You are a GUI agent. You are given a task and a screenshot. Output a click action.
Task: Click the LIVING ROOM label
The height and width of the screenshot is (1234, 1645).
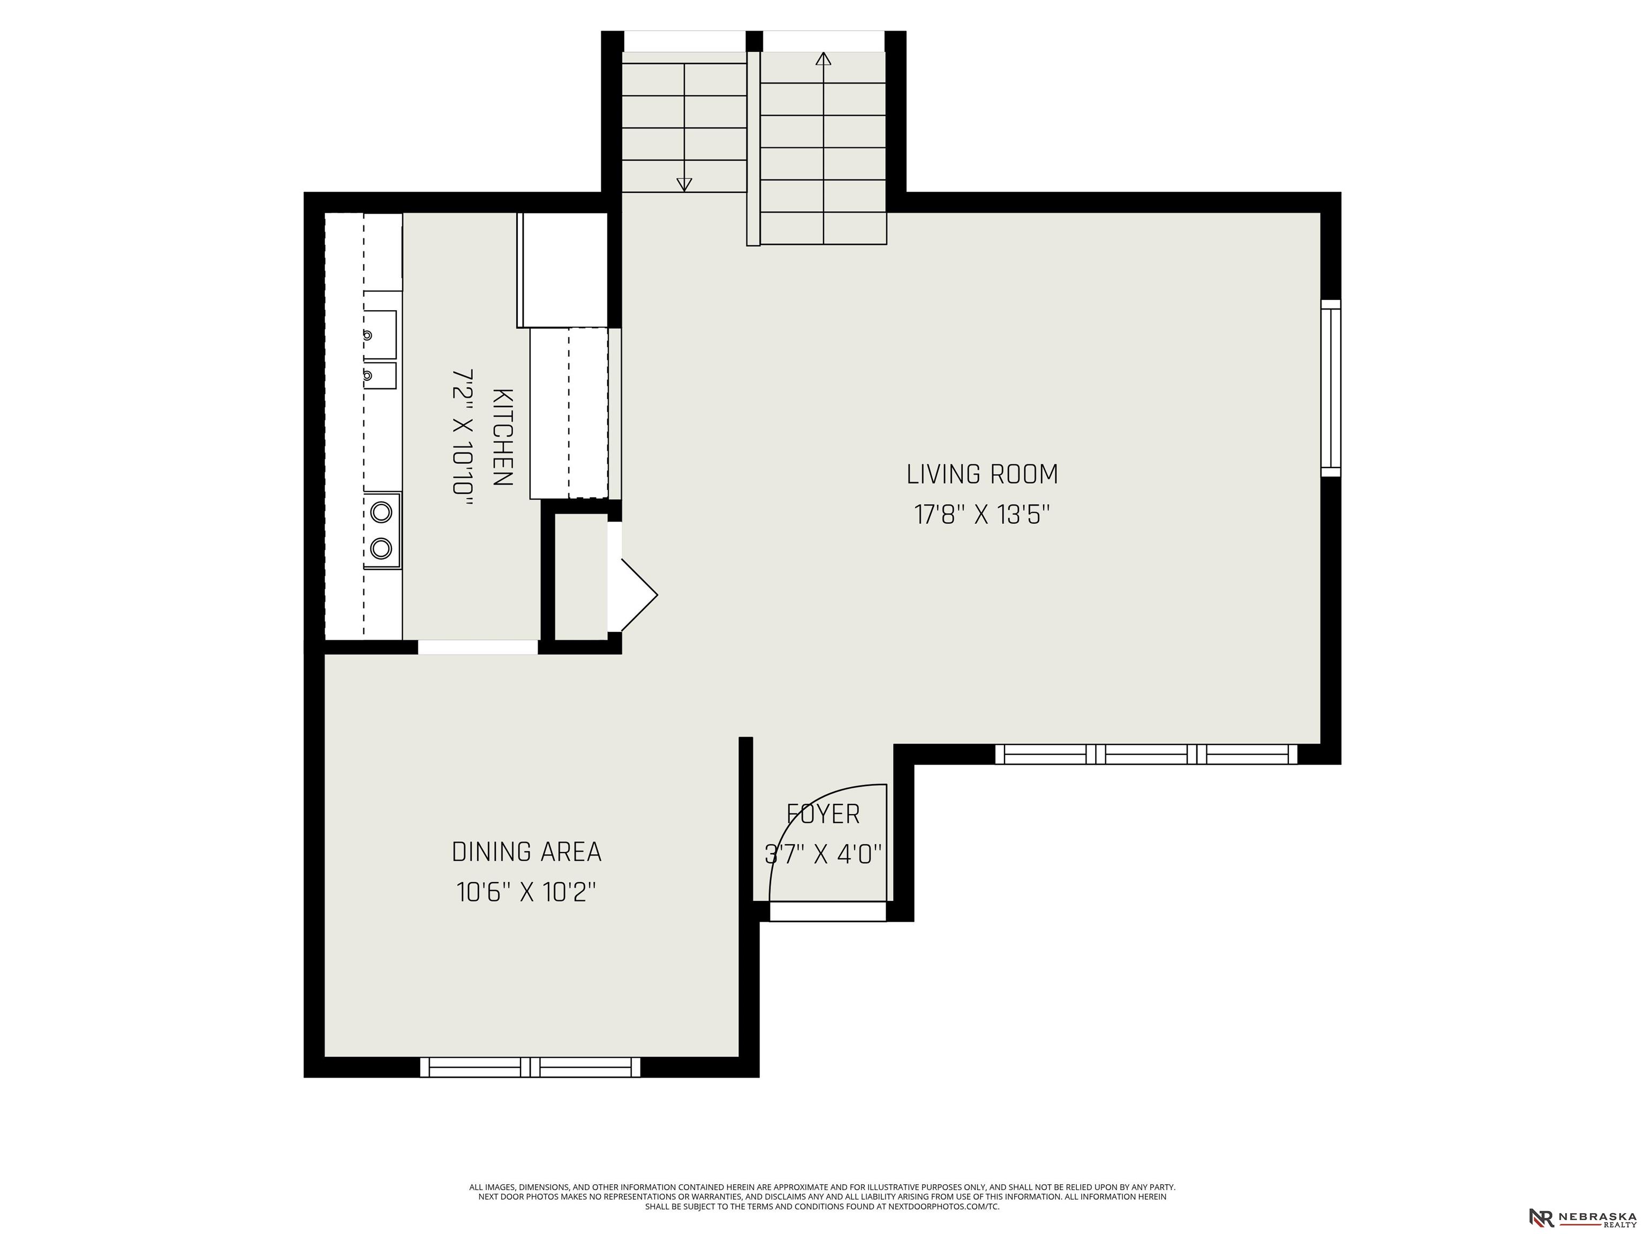click(x=982, y=475)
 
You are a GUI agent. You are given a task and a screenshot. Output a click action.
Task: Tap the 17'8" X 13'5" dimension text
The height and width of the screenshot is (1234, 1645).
click(x=982, y=515)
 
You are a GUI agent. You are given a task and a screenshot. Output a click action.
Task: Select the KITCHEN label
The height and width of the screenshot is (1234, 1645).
click(x=503, y=438)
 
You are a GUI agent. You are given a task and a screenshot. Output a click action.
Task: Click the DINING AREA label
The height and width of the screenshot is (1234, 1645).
click(x=526, y=852)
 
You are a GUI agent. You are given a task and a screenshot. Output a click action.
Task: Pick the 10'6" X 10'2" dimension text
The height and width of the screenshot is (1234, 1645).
click(x=526, y=892)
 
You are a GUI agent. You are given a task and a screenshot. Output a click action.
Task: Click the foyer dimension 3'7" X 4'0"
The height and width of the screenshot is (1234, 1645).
click(x=823, y=854)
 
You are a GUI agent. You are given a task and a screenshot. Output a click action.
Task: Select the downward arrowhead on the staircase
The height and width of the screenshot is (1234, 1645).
click(x=684, y=184)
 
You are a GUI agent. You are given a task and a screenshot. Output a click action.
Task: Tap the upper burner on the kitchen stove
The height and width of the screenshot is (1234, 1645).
click(x=381, y=511)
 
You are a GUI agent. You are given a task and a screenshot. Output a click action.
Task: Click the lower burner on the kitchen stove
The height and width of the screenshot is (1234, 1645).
click(x=381, y=549)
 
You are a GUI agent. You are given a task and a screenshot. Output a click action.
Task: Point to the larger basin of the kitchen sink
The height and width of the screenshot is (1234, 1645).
click(x=380, y=335)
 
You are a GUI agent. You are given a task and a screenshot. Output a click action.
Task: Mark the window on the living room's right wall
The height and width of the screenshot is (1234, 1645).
click(x=1331, y=388)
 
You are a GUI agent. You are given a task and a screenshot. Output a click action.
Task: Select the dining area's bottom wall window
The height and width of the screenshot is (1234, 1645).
click(x=530, y=1067)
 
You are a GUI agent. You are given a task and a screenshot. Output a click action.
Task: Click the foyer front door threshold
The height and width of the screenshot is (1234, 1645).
click(x=828, y=911)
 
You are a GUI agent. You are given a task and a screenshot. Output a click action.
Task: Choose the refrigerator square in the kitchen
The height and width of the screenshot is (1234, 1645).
click(x=563, y=270)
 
